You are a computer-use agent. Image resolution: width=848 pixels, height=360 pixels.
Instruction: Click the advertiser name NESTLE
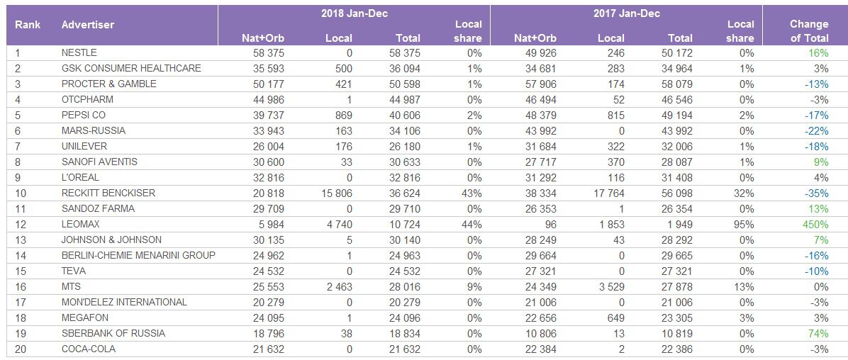79,53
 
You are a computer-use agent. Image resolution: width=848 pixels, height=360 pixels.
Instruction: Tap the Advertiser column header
88,25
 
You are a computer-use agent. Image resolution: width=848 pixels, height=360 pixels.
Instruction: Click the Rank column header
28,25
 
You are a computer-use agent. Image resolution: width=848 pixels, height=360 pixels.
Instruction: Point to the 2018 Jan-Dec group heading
354,13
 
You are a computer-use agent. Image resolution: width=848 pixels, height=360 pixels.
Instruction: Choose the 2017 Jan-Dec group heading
626,13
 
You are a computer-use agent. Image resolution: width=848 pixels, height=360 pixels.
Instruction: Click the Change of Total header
809,31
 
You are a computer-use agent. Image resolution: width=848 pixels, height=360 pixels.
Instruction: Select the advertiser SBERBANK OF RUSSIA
113,334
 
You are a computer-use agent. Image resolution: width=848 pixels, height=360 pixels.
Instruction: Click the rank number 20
20,349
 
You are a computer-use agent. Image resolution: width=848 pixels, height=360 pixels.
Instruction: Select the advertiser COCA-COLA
88,349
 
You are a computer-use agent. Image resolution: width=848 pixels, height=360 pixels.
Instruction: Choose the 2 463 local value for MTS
337,287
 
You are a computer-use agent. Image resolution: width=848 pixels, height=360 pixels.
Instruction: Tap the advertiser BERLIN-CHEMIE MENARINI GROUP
138,256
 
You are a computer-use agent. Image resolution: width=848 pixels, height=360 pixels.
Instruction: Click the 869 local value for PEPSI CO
342,116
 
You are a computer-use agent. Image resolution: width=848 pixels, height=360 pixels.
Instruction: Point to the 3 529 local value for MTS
609,287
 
